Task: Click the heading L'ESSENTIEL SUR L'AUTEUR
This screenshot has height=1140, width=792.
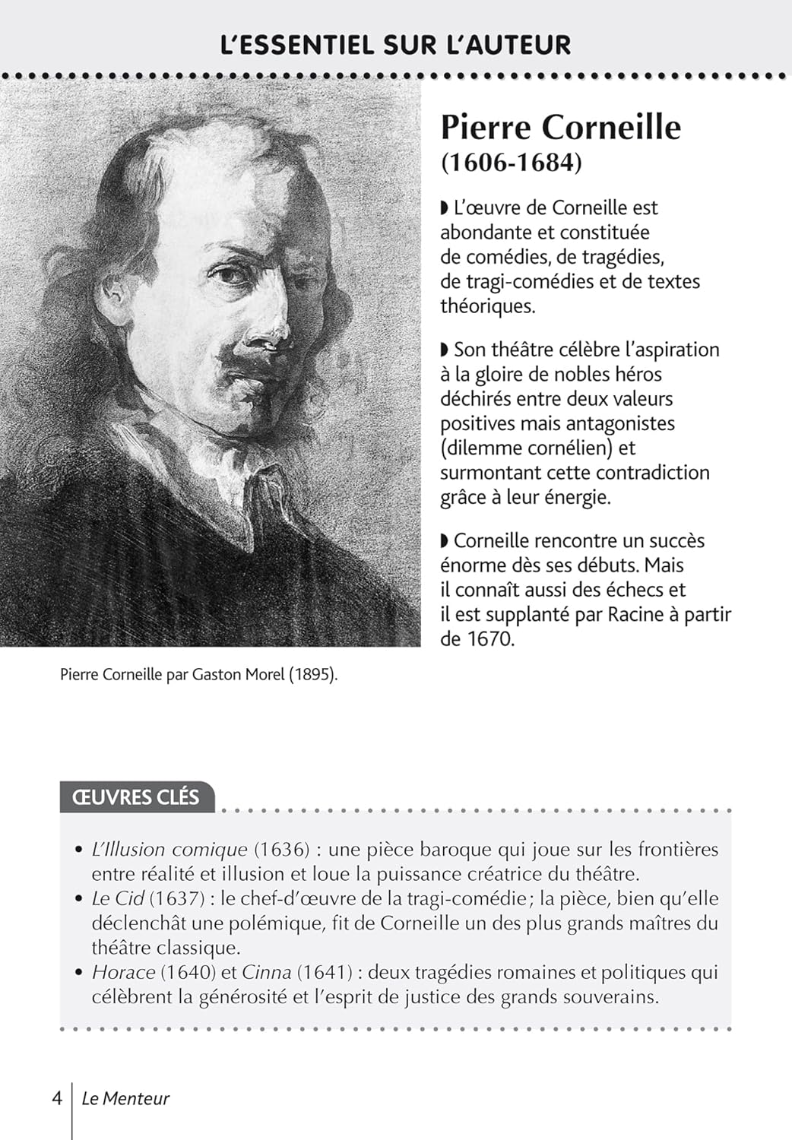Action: click(x=395, y=44)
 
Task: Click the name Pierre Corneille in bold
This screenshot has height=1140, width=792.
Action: click(x=561, y=127)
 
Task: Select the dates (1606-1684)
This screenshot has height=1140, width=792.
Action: click(x=511, y=163)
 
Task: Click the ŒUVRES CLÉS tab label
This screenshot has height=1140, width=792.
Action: click(x=135, y=797)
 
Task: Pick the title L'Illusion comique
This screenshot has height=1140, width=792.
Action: click(x=169, y=850)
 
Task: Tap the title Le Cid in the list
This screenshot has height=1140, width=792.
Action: click(x=118, y=898)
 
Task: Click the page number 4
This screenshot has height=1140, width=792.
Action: click(x=57, y=1098)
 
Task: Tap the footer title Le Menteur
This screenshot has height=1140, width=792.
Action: click(x=125, y=1098)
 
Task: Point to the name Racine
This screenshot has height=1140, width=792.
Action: click(x=635, y=614)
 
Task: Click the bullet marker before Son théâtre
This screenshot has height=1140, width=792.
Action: click(x=445, y=350)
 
